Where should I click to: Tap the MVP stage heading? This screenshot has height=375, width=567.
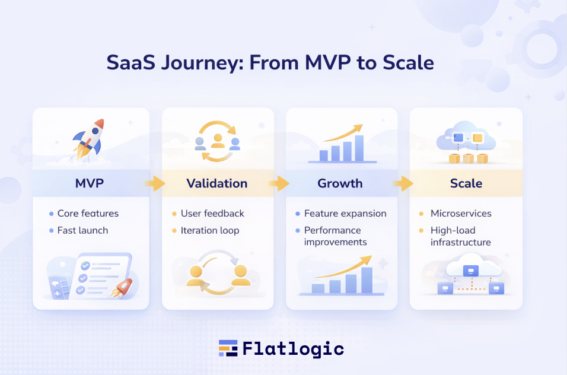(x=90, y=183)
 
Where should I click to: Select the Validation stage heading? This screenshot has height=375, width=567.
(x=217, y=183)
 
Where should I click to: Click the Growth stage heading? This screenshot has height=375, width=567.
(x=340, y=183)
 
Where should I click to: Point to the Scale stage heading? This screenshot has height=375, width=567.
(x=466, y=183)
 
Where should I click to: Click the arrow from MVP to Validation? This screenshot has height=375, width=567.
(x=155, y=183)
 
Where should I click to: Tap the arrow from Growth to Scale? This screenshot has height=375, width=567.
(x=403, y=183)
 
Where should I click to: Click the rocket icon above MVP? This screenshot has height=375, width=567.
(x=89, y=140)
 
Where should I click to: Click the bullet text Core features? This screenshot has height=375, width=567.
(x=88, y=214)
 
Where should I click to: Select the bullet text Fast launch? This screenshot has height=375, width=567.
(x=82, y=230)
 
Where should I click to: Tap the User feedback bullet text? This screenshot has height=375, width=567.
(x=212, y=214)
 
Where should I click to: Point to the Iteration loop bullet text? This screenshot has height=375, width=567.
(x=210, y=231)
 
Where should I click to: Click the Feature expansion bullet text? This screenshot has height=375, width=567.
(x=345, y=214)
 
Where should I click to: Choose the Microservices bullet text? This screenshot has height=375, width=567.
(x=461, y=214)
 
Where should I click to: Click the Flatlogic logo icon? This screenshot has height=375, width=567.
(x=228, y=348)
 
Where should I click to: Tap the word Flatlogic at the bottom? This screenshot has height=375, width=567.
(x=293, y=349)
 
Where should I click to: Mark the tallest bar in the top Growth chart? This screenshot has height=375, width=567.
(x=359, y=148)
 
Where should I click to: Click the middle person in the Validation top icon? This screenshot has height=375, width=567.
(x=218, y=141)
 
